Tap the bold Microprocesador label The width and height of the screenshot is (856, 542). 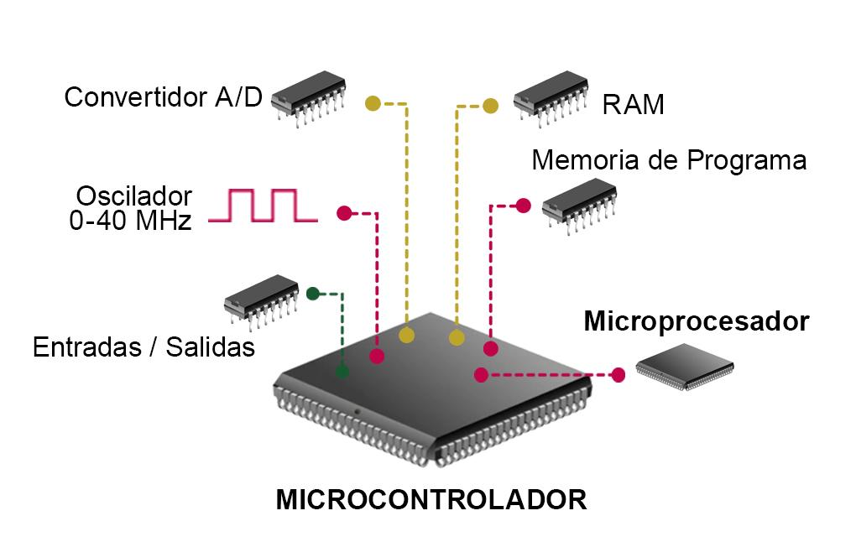click(x=696, y=321)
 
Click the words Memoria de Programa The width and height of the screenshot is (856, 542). click(x=669, y=159)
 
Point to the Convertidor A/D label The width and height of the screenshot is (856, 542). click(x=163, y=96)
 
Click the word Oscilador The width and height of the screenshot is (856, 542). click(x=134, y=196)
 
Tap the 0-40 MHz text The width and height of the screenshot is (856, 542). click(x=130, y=221)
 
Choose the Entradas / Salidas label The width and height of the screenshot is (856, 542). click(x=144, y=347)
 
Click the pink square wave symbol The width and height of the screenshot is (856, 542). click(x=262, y=206)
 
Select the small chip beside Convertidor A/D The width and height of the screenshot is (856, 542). click(x=309, y=100)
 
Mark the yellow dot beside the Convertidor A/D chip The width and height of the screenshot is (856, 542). click(x=373, y=104)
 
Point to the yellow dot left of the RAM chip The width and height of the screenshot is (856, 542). click(x=491, y=106)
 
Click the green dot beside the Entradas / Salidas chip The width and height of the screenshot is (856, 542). click(x=312, y=293)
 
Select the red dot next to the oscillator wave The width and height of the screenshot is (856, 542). click(x=343, y=213)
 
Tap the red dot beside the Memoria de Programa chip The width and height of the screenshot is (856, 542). click(x=523, y=205)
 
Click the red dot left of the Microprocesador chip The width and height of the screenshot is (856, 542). click(x=619, y=374)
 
